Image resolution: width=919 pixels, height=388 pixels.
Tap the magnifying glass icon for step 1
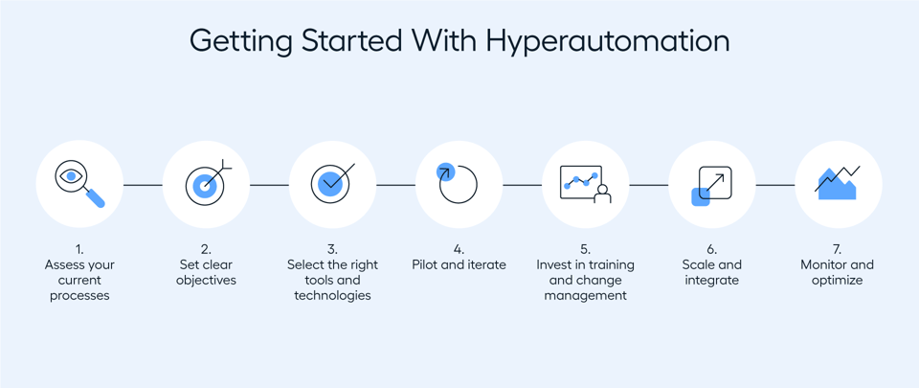79,185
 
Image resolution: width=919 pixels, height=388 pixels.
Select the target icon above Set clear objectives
206,185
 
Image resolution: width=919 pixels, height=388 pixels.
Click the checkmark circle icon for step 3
332,184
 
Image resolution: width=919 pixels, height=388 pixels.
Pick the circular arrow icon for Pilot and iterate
459,184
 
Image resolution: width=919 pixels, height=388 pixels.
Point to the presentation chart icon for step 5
585,184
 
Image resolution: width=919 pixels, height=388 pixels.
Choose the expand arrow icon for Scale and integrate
711,185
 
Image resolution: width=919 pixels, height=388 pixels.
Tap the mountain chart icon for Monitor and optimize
838,183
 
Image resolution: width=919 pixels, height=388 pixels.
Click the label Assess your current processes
79,280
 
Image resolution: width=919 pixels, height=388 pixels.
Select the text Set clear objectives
206,272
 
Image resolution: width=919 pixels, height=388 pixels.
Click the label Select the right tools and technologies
332,280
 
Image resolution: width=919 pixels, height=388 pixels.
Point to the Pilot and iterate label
459,264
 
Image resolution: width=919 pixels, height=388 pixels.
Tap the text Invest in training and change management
585,280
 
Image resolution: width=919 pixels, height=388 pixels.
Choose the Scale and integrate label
711,272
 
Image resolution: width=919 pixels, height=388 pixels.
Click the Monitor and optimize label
838,272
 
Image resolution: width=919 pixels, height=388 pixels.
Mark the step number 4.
459,249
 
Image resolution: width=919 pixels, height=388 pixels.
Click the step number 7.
838,249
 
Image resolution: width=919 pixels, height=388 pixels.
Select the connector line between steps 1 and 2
143,185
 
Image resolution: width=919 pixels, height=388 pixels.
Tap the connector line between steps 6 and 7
774,185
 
